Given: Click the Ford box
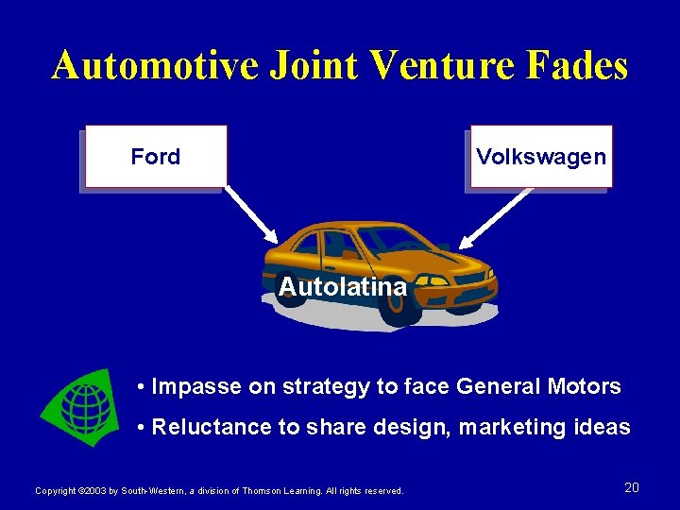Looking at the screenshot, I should pos(156,156).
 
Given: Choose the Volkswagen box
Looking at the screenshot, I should pos(541,156).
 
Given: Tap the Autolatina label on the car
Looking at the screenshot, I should pos(343,286).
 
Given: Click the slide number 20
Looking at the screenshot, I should pos(632,487).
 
